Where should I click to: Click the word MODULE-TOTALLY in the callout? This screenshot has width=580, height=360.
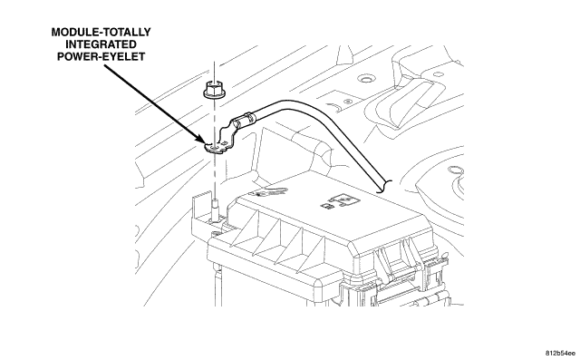pyautogui.click(x=101, y=32)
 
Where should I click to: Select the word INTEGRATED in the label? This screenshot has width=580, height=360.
pyautogui.click(x=101, y=44)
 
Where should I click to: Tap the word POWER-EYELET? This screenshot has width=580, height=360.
pyautogui.click(x=101, y=56)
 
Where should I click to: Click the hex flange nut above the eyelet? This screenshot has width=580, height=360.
pyautogui.click(x=214, y=91)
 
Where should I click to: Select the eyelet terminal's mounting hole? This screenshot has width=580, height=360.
pyautogui.click(x=214, y=147)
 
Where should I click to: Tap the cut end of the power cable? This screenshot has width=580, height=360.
pyautogui.click(x=384, y=187)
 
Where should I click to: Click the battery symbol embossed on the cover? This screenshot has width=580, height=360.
pyautogui.click(x=340, y=201)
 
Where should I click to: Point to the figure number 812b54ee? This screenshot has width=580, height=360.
pyautogui.click(x=560, y=354)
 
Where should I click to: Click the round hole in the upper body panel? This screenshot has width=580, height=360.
pyautogui.click(x=366, y=79)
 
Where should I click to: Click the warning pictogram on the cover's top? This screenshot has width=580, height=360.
pyautogui.click(x=268, y=192)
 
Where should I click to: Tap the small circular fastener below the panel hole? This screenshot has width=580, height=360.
pyautogui.click(x=347, y=102)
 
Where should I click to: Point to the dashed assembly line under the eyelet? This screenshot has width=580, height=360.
pyautogui.click(x=214, y=174)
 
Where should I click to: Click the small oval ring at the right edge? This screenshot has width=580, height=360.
pyautogui.click(x=456, y=171)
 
